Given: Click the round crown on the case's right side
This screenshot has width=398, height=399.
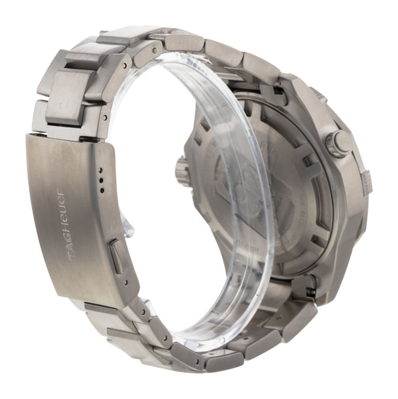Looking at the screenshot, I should pyautogui.click(x=339, y=144).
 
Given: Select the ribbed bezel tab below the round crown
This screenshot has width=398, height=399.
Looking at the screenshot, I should pyautogui.click(x=366, y=181).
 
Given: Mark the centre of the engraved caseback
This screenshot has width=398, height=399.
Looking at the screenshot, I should pyautogui.click(x=262, y=187).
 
